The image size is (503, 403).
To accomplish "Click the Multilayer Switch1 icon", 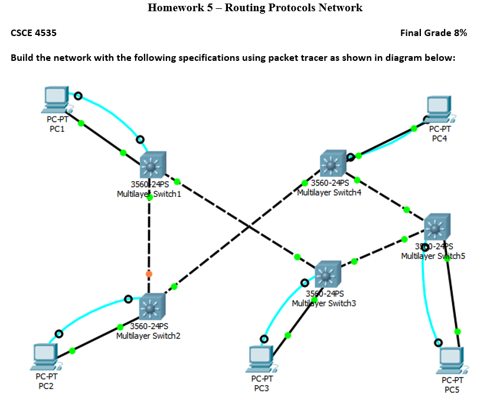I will pyautogui.click(x=153, y=164).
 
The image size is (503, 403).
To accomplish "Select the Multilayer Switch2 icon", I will pyautogui.click(x=152, y=306).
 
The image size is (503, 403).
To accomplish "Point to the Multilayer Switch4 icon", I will pyautogui.click(x=333, y=164).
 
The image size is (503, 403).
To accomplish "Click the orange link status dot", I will pyautogui.click(x=149, y=274).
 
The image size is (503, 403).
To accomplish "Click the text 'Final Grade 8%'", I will pyautogui.click(x=433, y=33).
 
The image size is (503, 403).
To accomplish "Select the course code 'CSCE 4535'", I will pyautogui.click(x=34, y=33).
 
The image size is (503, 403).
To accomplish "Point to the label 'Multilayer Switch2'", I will pyautogui.click(x=148, y=336).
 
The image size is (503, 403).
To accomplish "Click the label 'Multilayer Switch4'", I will pyautogui.click(x=328, y=193).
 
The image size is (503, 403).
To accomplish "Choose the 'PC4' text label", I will pyautogui.click(x=439, y=138).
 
